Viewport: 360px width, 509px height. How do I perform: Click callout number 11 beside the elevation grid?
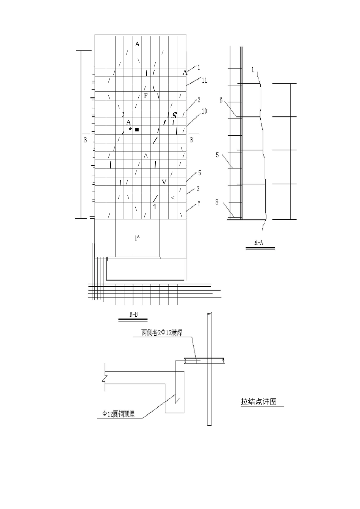[204, 80]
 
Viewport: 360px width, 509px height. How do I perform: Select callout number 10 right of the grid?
[204, 111]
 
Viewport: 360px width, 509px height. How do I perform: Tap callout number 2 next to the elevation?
[199, 100]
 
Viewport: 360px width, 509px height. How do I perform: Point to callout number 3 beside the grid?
[198, 189]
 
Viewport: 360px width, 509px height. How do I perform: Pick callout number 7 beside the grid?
[199, 204]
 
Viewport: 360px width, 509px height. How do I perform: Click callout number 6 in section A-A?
[221, 100]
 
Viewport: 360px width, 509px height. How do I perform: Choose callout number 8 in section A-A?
[217, 202]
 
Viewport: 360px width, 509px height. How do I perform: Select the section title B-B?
[133, 314]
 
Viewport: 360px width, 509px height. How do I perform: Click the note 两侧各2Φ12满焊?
[162, 333]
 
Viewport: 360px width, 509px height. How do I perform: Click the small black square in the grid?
[137, 130]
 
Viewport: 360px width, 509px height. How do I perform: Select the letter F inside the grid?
[146, 96]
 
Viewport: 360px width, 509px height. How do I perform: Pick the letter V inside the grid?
[164, 182]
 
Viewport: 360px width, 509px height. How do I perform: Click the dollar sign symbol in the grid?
[175, 115]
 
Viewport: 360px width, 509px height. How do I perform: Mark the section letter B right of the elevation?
[191, 140]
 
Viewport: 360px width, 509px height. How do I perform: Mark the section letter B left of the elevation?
[86, 140]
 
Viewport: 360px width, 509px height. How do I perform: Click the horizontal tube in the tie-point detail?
[204, 361]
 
